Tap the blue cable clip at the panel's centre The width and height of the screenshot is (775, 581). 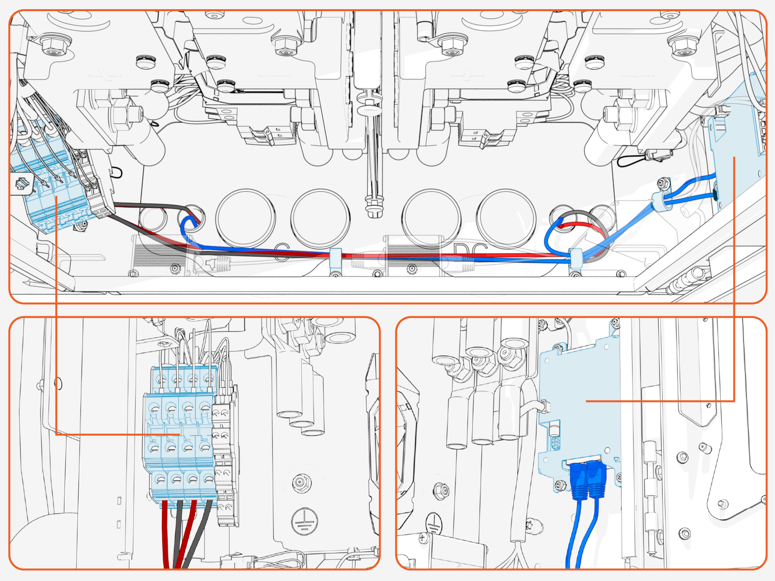pos(335,260)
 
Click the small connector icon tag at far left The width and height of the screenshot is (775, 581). pos(22,184)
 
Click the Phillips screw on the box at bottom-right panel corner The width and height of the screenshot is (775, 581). pos(424,537)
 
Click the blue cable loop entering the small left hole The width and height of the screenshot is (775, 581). pos(186,228)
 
